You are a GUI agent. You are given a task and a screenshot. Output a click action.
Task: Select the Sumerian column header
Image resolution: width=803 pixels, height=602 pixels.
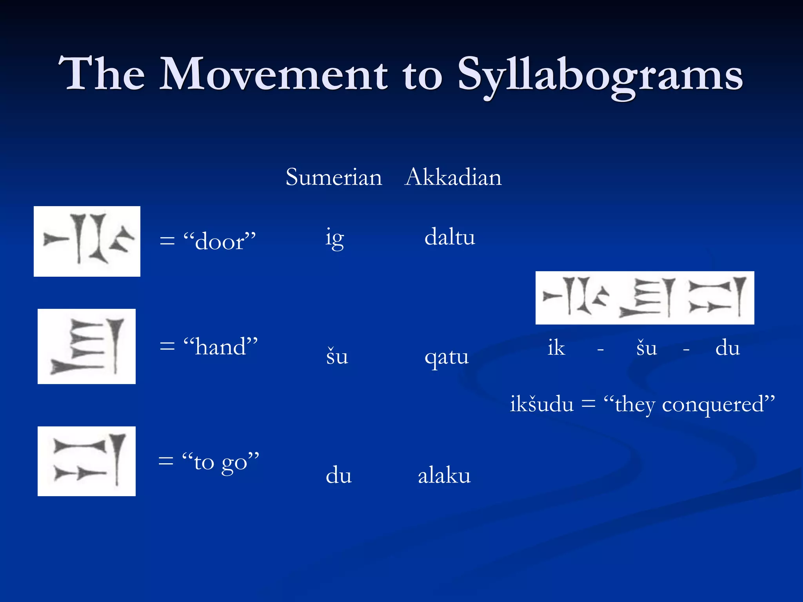click(x=334, y=177)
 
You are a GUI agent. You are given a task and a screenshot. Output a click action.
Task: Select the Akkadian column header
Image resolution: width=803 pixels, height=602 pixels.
click(x=453, y=177)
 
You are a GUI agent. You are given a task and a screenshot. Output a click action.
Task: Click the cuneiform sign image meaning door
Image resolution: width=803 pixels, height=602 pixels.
click(x=87, y=241)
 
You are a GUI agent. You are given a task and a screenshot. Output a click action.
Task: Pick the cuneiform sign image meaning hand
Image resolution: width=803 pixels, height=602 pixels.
click(x=87, y=346)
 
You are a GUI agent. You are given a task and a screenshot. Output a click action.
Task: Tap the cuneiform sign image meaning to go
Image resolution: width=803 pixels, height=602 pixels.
click(x=87, y=461)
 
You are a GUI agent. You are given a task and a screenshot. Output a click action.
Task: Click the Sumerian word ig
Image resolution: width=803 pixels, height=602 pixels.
click(x=335, y=238)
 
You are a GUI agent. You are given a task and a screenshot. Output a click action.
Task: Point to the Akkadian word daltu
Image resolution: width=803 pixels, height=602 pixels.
click(x=450, y=238)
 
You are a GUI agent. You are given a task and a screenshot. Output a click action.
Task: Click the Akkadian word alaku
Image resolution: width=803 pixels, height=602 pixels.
click(x=444, y=476)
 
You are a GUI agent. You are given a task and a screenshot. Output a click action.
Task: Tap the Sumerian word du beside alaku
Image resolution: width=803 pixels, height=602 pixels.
click(x=339, y=476)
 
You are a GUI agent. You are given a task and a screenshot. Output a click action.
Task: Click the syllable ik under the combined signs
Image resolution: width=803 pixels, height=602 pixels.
click(x=556, y=348)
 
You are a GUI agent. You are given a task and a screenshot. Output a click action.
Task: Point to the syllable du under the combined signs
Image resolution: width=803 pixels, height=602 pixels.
click(x=727, y=348)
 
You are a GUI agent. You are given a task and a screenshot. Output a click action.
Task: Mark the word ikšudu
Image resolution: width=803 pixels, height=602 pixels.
click(x=541, y=404)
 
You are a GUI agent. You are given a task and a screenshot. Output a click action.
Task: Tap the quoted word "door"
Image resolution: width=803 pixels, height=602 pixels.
click(x=220, y=241)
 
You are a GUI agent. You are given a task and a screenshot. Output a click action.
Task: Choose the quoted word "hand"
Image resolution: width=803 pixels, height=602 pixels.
click(x=221, y=346)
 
